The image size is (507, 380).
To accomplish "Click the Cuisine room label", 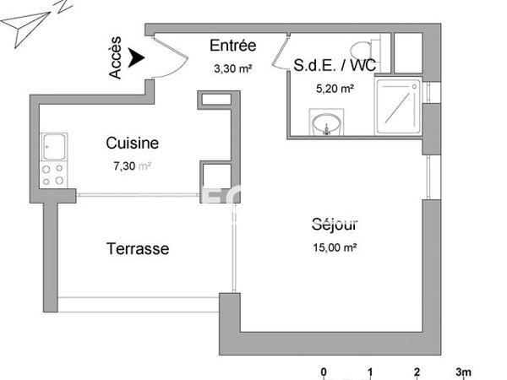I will point(133,144).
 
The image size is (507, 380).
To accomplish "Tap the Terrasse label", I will point(138,249).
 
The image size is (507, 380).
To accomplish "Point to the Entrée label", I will point(232,46).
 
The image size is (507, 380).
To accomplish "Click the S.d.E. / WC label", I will point(335,64).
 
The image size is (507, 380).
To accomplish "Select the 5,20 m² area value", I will point(335,86).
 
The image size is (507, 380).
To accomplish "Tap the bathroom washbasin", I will point(324,127).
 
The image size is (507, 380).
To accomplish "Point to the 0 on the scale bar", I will point(324,372).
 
